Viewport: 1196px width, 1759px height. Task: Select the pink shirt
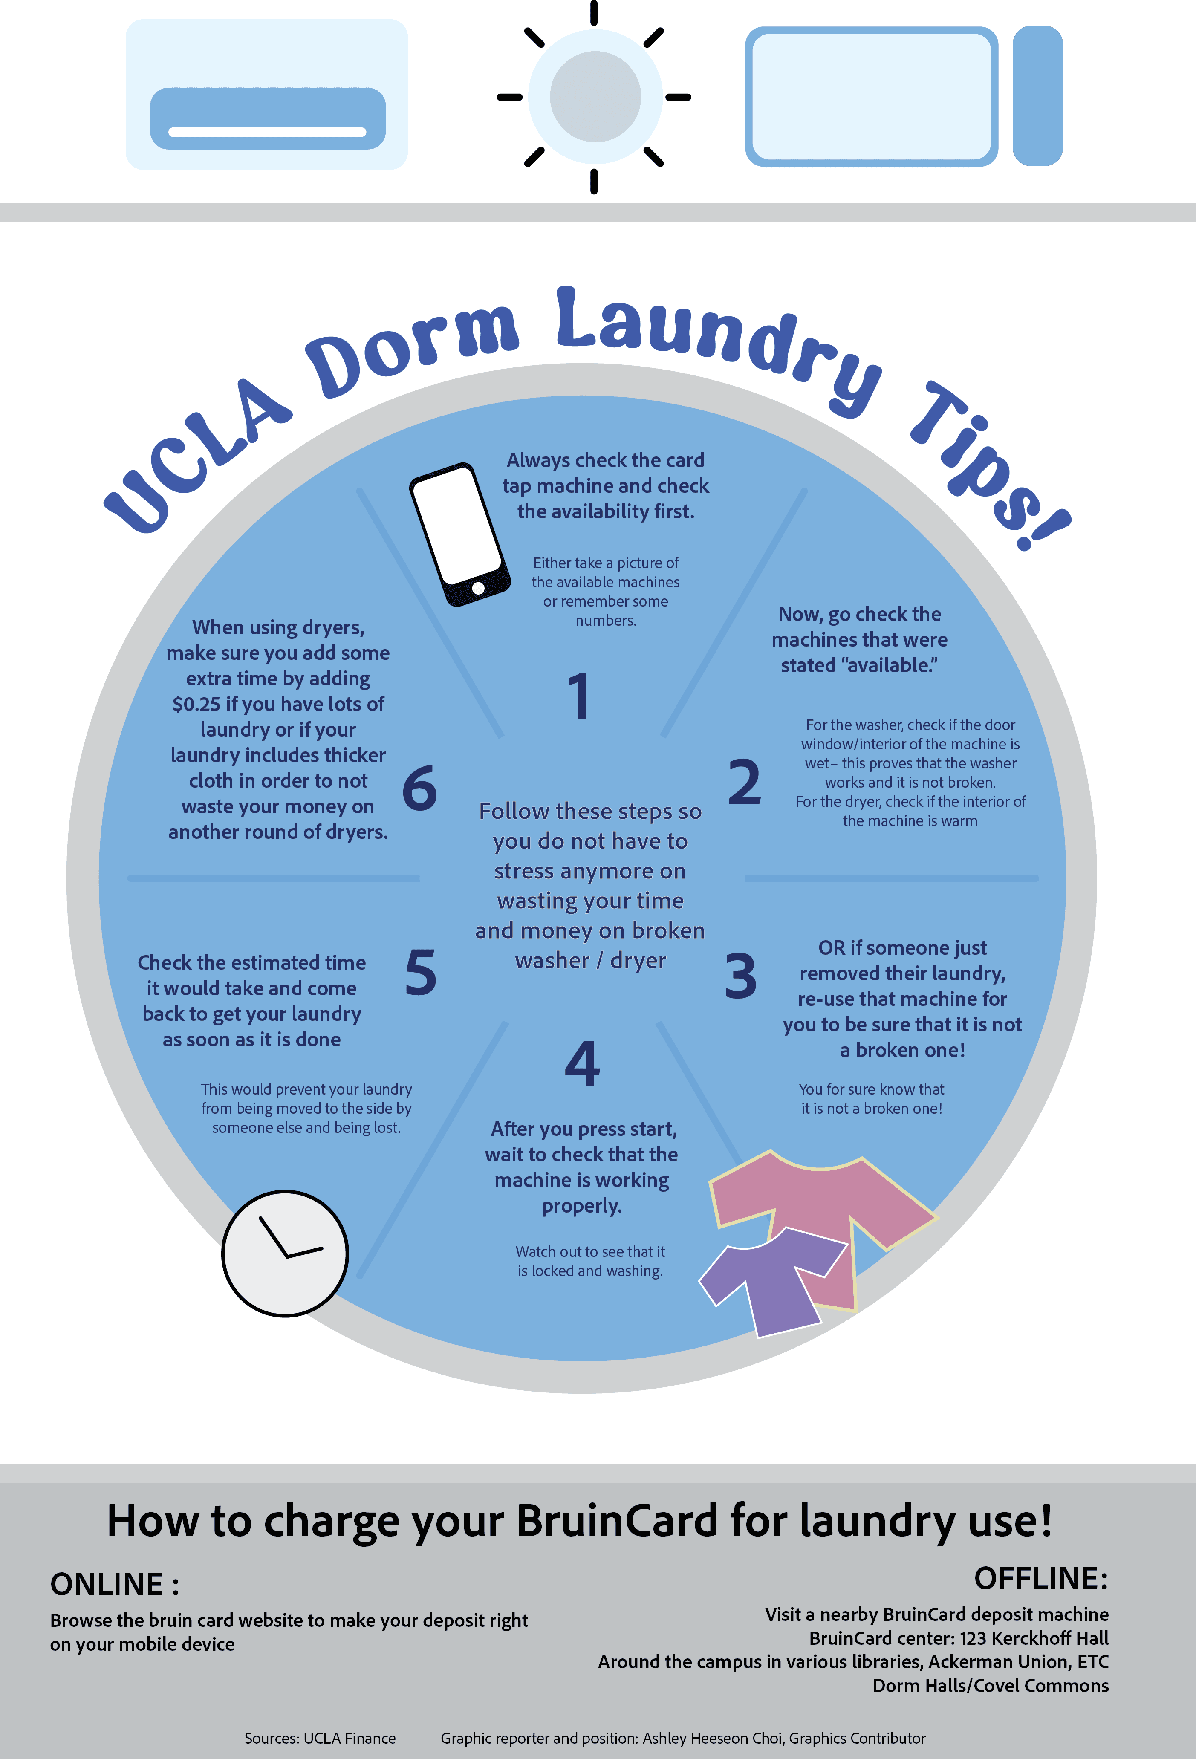pyautogui.click(x=821, y=1219)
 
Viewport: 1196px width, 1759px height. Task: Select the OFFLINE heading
pyautogui.click(x=1041, y=1579)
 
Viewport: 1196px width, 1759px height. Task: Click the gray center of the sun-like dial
pyautogui.click(x=595, y=97)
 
